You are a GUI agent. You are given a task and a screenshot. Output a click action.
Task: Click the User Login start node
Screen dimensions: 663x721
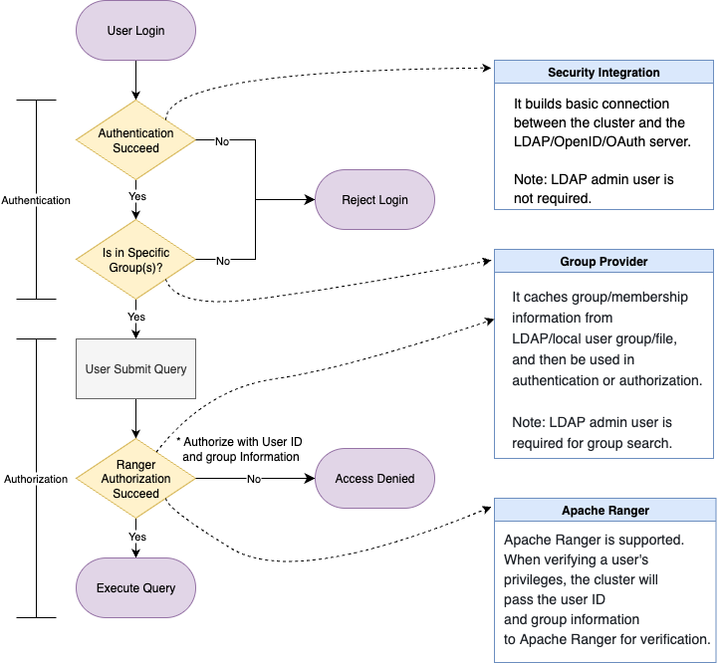(135, 31)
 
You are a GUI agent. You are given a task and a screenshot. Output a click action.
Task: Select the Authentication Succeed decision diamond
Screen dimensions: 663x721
(135, 140)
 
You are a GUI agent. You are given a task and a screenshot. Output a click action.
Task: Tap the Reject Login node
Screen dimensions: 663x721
(374, 199)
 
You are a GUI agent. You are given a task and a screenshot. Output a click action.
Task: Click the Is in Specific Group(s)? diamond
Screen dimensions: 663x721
(135, 260)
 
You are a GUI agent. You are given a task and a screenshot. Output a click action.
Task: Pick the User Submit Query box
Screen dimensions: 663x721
(135, 369)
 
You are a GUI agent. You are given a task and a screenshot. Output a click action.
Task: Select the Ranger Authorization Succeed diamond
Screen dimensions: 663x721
(135, 479)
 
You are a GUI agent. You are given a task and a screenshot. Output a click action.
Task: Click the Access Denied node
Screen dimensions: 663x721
(374, 479)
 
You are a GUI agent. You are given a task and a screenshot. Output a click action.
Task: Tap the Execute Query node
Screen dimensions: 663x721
(135, 588)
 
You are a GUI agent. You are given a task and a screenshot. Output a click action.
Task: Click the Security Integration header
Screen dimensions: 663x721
(603, 73)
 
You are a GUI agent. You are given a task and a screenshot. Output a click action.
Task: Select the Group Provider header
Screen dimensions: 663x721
(603, 262)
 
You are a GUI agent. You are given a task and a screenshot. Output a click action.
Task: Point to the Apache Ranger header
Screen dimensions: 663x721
(604, 511)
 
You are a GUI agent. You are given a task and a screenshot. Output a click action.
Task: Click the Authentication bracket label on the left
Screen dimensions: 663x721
(36, 200)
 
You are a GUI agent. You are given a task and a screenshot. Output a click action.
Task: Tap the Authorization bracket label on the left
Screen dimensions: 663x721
(36, 479)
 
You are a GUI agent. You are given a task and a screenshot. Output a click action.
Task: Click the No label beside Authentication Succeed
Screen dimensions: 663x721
(222, 141)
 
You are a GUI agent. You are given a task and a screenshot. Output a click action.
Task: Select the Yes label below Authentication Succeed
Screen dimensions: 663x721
(137, 196)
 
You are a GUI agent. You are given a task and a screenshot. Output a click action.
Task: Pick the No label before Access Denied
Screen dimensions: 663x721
(254, 479)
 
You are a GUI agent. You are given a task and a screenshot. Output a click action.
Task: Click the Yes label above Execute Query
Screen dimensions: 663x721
(137, 537)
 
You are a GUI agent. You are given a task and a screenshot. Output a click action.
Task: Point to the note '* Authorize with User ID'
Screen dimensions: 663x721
(239, 441)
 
